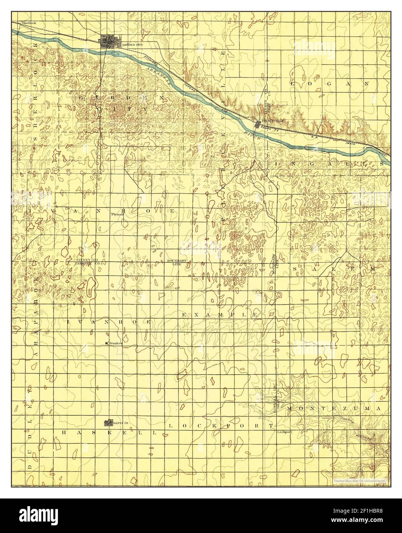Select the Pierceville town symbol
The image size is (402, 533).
coord(258,123)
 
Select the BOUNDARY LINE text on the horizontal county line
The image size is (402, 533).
coord(176,263)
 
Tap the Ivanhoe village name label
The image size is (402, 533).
coord(115,343)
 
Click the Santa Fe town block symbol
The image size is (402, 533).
coord(109,423)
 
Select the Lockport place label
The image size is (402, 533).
coord(284,432)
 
